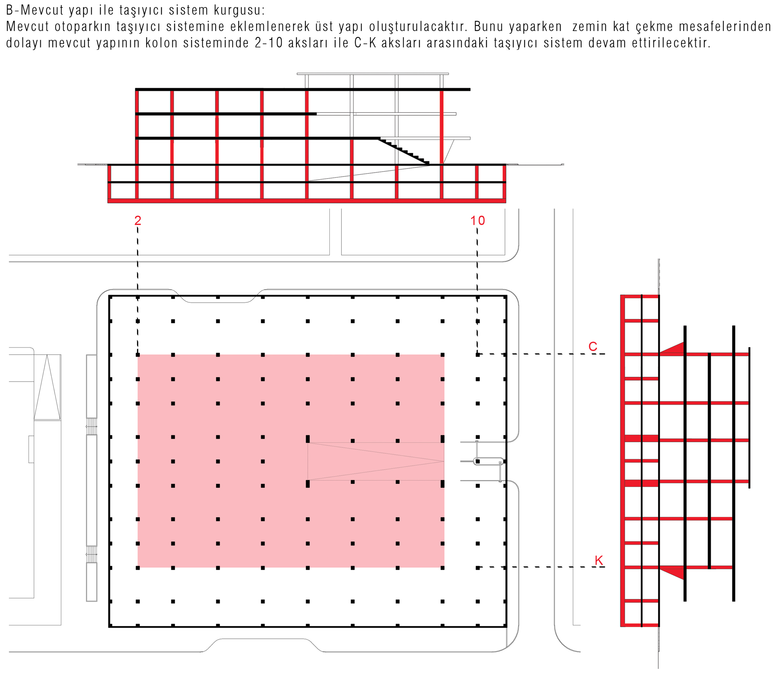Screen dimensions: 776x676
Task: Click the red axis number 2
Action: [x=138, y=220]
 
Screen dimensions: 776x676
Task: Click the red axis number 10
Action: [x=478, y=220]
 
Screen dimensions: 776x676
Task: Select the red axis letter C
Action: [x=593, y=346]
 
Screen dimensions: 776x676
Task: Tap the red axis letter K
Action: [x=599, y=560]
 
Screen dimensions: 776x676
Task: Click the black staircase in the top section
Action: [x=404, y=151]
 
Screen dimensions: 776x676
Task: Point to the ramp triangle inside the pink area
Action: [x=376, y=461]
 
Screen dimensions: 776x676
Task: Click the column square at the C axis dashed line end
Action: [x=478, y=354]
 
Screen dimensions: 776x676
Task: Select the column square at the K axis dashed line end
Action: [x=478, y=568]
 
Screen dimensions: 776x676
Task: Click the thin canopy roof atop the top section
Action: [x=373, y=73]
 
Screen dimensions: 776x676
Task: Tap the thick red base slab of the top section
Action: [x=307, y=201]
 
